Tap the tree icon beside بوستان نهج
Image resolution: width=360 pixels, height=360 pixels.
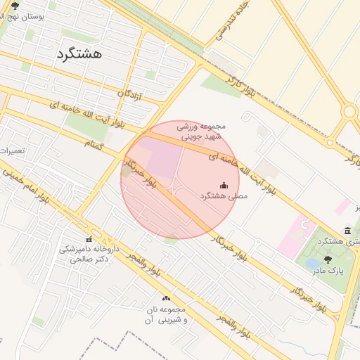click(15, 6)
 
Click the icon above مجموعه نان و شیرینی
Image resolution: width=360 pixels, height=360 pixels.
click(167, 298)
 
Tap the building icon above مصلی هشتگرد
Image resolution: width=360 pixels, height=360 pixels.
click(224, 186)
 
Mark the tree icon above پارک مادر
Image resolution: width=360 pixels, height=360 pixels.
click(328, 259)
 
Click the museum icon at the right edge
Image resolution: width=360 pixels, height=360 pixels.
click(348, 231)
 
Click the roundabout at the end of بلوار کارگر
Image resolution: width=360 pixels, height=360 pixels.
click(349, 112)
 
